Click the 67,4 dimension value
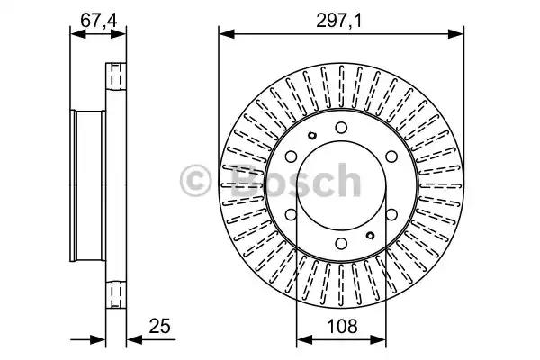(x=99, y=21)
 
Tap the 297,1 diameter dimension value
(x=339, y=21)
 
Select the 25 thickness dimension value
(x=159, y=326)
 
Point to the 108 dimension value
(x=342, y=326)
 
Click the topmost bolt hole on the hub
(x=341, y=128)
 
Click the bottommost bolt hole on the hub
(x=341, y=244)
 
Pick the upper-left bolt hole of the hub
(x=291, y=157)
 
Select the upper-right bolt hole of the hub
(x=391, y=157)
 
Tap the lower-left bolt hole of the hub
(x=291, y=214)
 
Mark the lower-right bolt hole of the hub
(x=391, y=214)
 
